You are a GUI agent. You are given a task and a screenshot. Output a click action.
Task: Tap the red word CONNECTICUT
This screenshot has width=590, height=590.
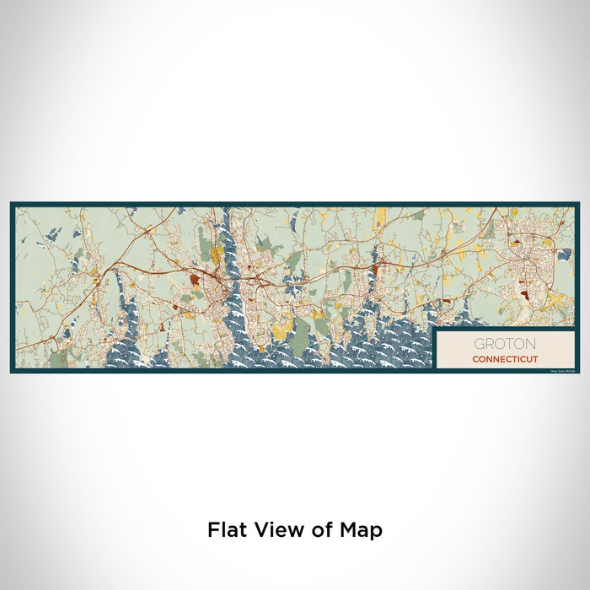[504, 359]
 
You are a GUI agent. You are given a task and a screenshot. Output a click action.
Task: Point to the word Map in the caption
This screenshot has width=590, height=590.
[361, 530]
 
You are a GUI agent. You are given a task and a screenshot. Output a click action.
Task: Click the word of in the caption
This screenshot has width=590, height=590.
[323, 530]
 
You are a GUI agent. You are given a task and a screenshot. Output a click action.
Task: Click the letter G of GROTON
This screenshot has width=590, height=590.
[479, 344]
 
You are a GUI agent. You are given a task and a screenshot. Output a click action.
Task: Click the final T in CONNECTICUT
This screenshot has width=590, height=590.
[534, 359]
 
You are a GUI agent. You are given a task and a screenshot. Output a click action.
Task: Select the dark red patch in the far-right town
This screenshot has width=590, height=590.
[526, 295]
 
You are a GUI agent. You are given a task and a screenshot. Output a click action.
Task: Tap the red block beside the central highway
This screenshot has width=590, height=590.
[373, 269]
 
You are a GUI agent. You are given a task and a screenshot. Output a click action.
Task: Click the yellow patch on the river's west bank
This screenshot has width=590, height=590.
[216, 253]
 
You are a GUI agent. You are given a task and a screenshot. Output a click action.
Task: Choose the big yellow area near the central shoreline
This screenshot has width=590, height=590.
[283, 324]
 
